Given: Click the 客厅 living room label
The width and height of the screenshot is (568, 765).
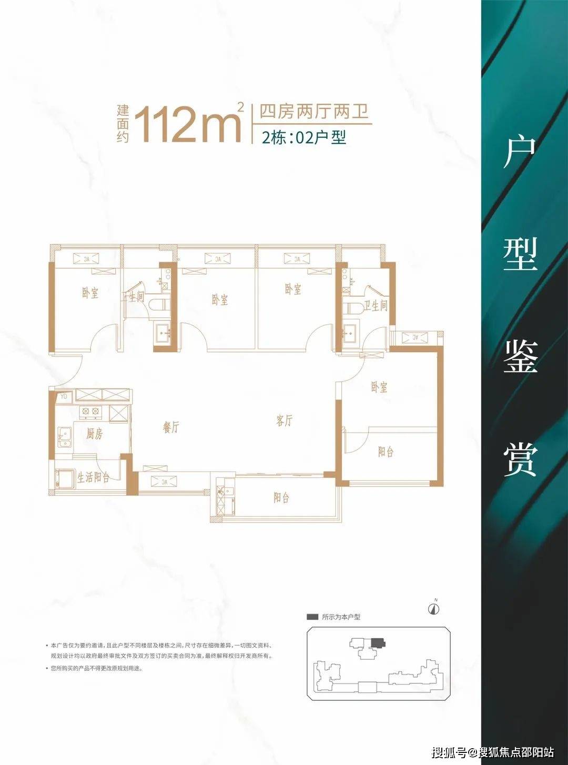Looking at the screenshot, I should (285, 420).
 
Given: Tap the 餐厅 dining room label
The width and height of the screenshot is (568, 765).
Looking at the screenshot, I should (171, 427).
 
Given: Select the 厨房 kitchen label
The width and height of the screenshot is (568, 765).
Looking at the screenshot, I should (95, 434).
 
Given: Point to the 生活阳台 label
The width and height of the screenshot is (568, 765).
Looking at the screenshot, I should (94, 478).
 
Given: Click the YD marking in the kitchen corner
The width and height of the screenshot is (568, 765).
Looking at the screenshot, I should (64, 397).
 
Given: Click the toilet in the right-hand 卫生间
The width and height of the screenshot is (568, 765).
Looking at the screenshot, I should (351, 307).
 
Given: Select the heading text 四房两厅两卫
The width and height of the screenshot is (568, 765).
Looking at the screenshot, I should (313, 112).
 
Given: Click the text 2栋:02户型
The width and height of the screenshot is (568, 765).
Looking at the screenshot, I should (304, 138).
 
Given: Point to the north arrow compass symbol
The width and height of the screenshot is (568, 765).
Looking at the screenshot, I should (434, 609).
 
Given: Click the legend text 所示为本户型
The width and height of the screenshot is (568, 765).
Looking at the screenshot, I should (341, 617).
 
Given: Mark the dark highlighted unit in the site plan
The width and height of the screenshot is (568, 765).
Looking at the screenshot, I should (377, 642).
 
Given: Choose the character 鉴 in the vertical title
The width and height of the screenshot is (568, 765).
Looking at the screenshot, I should (520, 356).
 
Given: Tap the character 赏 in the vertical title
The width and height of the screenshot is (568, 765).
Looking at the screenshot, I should (520, 459).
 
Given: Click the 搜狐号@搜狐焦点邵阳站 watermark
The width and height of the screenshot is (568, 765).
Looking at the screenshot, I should (493, 752).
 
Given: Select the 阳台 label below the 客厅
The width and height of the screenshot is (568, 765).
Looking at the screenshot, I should (281, 498).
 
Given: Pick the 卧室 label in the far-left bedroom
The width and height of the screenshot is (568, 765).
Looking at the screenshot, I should (90, 293).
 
